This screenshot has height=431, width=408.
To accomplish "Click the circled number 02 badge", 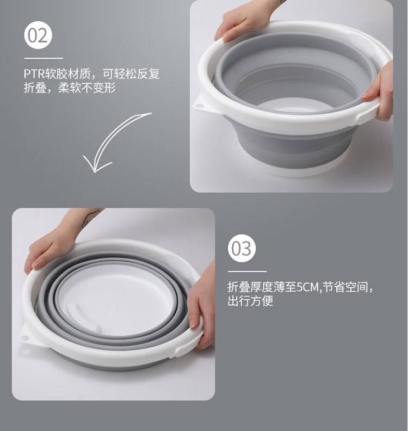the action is (x=38, y=35).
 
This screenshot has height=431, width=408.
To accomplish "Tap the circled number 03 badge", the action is (x=242, y=249).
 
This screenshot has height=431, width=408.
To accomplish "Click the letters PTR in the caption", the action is (x=34, y=73).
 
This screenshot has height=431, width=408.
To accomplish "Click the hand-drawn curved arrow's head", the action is (x=95, y=165).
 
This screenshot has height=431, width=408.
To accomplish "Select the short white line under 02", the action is (x=44, y=58).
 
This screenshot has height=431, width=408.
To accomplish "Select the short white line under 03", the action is (x=247, y=272).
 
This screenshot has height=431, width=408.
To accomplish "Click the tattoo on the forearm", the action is (x=89, y=217).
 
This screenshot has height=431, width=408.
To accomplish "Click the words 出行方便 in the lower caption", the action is (x=250, y=301).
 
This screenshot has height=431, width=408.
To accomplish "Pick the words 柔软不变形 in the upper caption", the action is (x=87, y=88).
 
